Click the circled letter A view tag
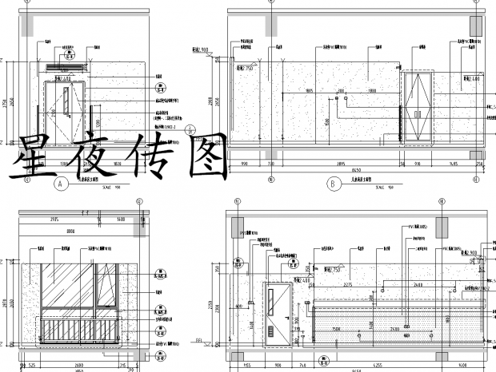coord(59,184)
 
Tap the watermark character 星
coord(37,156)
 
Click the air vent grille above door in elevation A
coord(63,68)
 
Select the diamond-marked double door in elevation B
coord(417,109)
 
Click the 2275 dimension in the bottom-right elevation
coord(349,284)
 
